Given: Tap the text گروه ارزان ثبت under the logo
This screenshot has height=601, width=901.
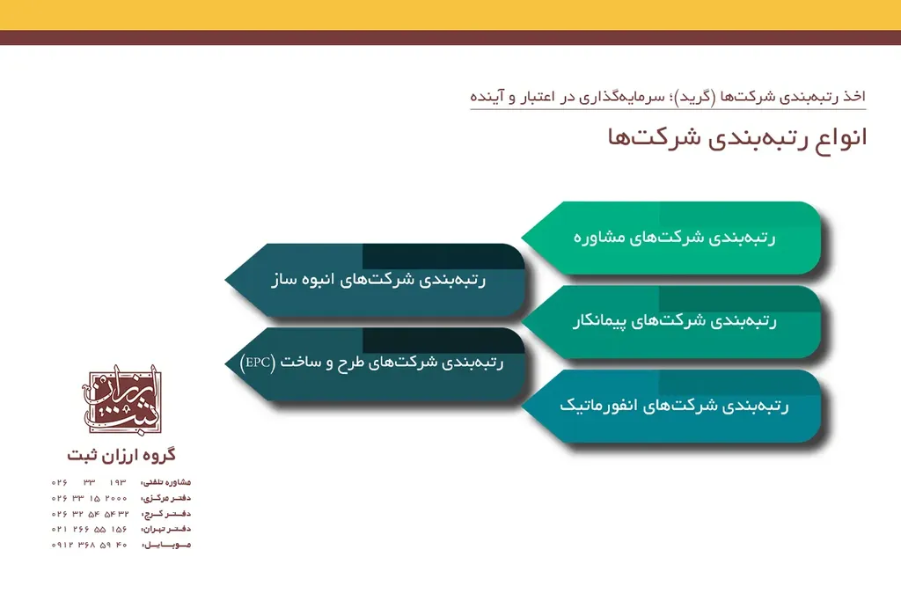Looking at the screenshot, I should [121, 455].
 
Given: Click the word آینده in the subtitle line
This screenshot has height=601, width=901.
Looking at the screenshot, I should [489, 96].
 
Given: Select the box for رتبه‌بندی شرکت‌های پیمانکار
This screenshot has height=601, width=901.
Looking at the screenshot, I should [673, 322].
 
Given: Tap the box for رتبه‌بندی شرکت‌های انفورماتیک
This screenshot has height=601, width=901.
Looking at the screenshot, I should [673, 407].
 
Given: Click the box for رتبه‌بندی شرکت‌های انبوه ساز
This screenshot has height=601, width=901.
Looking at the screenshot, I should [377, 280].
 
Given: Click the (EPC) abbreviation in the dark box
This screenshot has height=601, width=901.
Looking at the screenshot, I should [258, 362].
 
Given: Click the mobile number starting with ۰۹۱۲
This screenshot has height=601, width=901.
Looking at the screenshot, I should [90, 545].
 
